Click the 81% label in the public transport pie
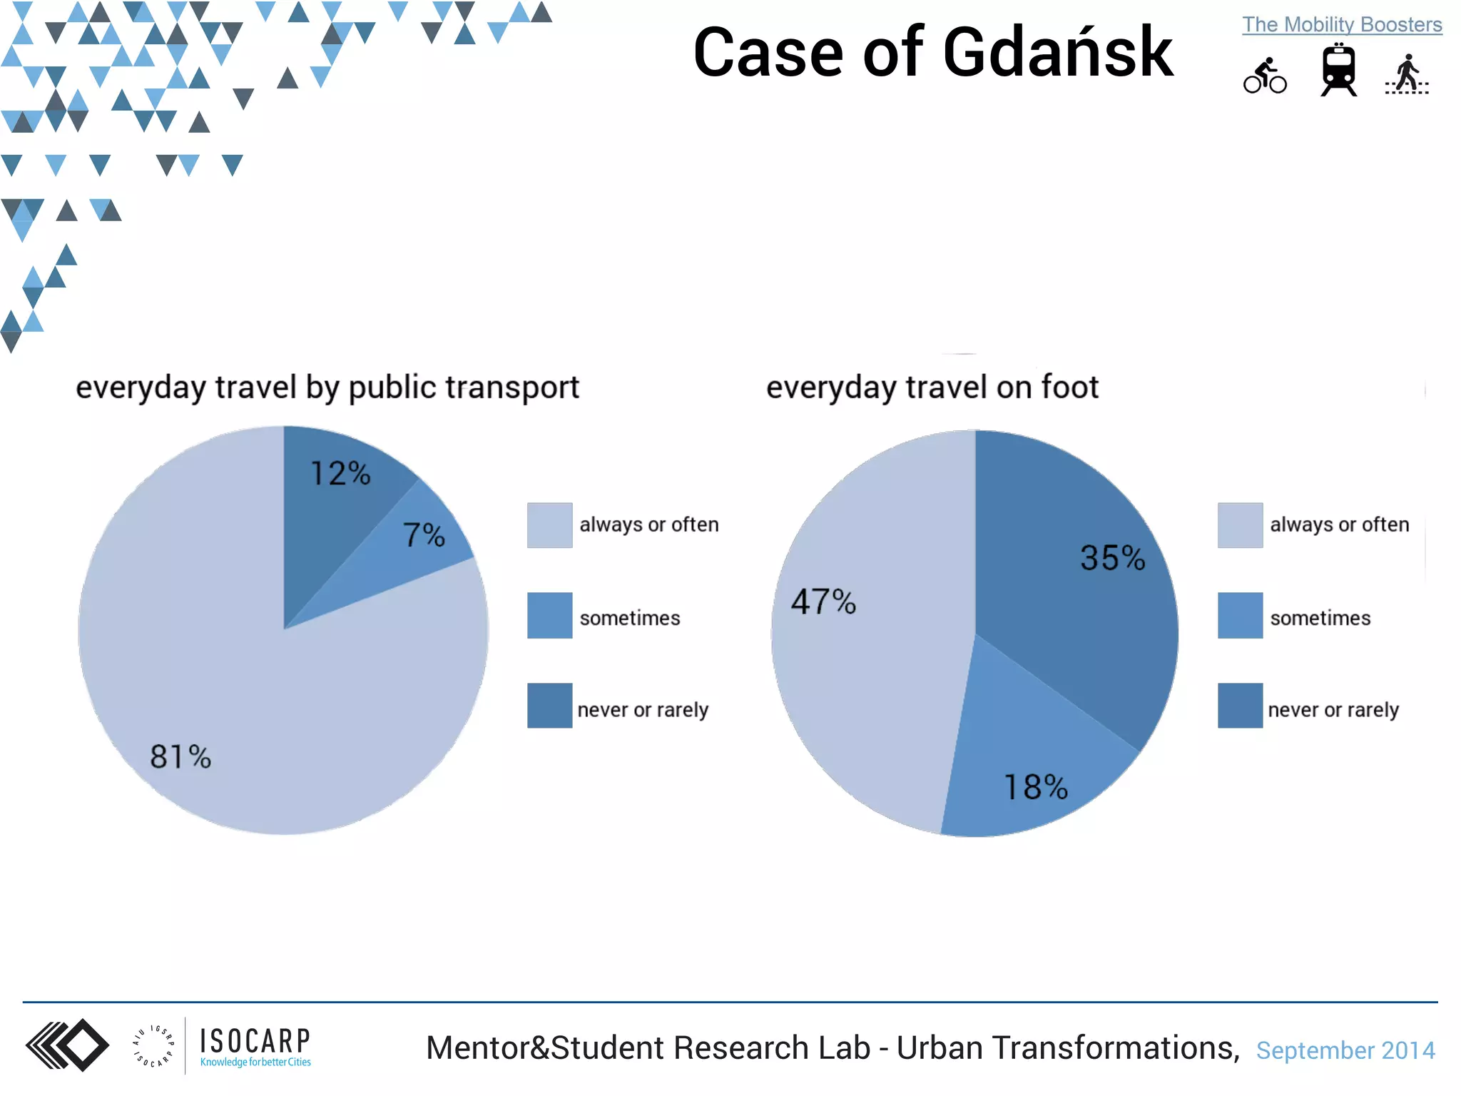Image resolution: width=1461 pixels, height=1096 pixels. pyautogui.click(x=180, y=757)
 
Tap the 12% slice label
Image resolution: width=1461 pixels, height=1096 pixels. pyautogui.click(x=340, y=474)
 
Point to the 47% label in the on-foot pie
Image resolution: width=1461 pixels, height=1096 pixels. pyautogui.click(x=823, y=602)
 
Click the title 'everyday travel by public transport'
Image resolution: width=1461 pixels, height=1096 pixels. pyautogui.click(x=327, y=387)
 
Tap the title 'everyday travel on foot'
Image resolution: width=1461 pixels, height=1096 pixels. pyautogui.click(x=932, y=387)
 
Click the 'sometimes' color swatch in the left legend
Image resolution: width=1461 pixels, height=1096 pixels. pyautogui.click(x=549, y=615)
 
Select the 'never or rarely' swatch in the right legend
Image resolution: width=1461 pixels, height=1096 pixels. pyautogui.click(x=1240, y=706)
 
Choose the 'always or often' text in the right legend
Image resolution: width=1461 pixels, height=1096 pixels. pyautogui.click(x=1339, y=524)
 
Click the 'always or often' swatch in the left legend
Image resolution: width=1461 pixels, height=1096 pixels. pyautogui.click(x=549, y=525)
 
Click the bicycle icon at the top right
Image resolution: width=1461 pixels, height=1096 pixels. pyautogui.click(x=1265, y=76)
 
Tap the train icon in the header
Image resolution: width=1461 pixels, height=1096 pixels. pyautogui.click(x=1338, y=70)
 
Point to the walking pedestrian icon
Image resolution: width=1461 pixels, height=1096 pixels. pyautogui.click(x=1407, y=75)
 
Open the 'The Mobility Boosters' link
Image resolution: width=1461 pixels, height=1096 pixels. pyautogui.click(x=1342, y=25)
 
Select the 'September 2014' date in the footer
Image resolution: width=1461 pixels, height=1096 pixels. pyautogui.click(x=1345, y=1050)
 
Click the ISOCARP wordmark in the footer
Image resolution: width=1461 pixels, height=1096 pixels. pyautogui.click(x=255, y=1042)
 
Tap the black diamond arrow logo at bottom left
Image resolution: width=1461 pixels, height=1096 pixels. pyautogui.click(x=67, y=1045)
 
